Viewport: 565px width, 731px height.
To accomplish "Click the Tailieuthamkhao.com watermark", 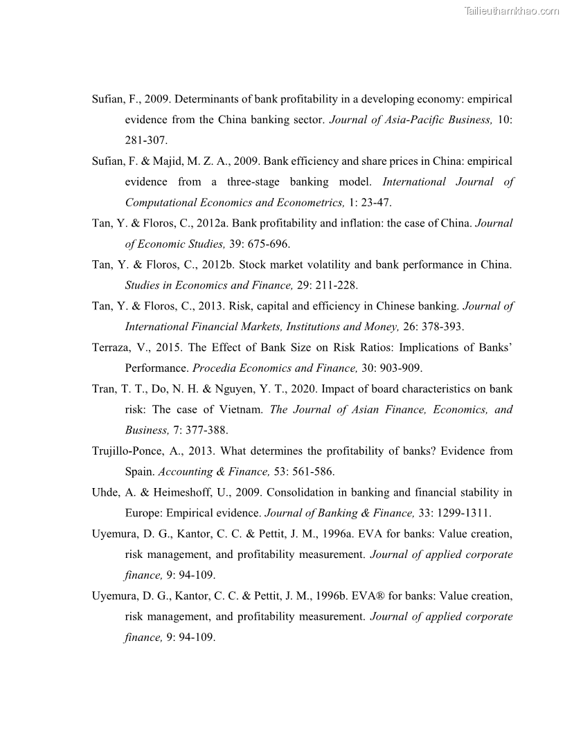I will (512, 10).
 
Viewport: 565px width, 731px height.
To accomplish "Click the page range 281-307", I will (146, 141).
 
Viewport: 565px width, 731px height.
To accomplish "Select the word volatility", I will (341, 265).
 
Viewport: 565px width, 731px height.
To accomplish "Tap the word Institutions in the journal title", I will (305, 327).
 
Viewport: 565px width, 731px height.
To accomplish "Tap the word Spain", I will (140, 472).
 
